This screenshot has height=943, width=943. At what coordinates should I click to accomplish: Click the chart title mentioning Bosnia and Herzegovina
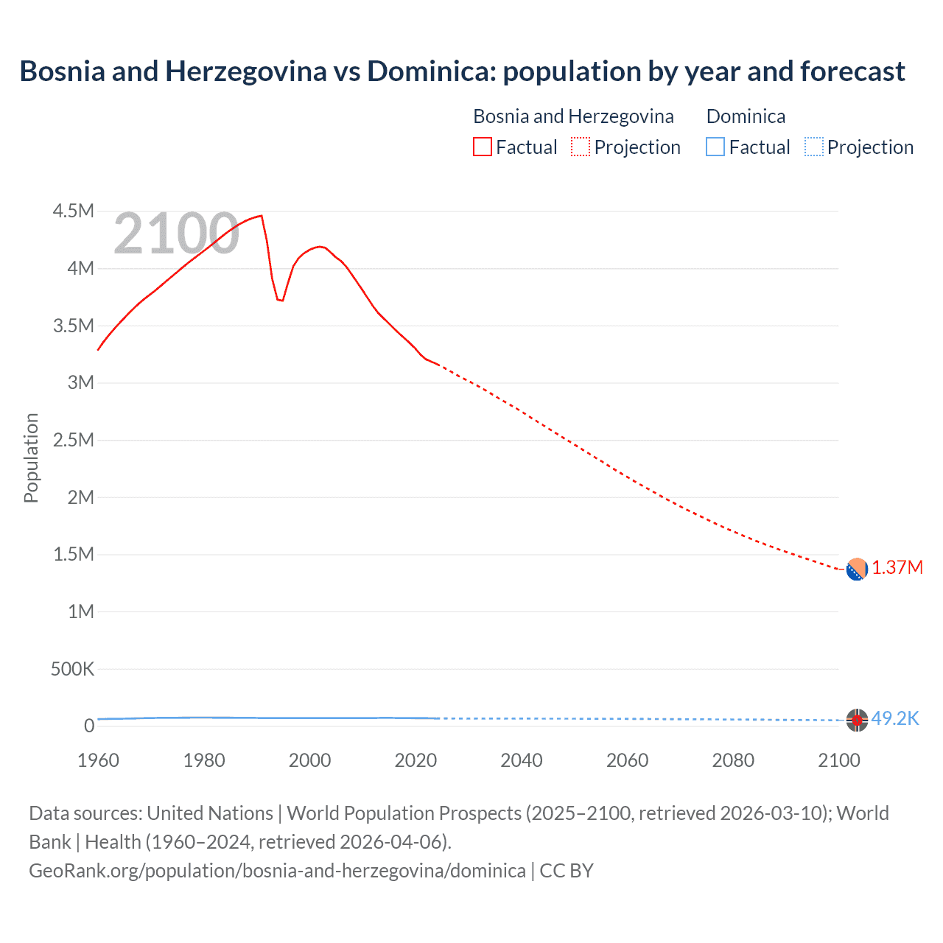click(x=462, y=71)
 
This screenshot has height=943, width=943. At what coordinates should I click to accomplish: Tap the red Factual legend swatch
click(x=482, y=147)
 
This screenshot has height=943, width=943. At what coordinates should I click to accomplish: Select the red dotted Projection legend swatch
click(x=581, y=147)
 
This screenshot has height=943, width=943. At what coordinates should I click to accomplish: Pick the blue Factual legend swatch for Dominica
click(x=715, y=147)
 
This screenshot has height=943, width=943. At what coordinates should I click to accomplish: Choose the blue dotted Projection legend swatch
click(x=813, y=147)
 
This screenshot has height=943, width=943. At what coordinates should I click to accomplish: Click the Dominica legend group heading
click(x=746, y=116)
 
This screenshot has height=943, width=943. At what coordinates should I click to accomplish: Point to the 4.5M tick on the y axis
click(x=74, y=211)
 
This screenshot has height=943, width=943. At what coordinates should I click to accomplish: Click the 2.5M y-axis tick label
click(x=74, y=440)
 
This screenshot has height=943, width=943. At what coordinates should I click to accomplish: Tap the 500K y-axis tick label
click(x=72, y=669)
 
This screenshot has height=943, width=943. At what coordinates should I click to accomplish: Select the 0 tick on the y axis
click(x=89, y=726)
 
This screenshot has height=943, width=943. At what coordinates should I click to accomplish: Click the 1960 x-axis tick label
click(x=98, y=760)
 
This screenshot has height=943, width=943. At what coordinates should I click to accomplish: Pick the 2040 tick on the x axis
click(x=522, y=760)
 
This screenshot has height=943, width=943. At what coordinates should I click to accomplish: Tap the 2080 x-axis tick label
click(x=733, y=760)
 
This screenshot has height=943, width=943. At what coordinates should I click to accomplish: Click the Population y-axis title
click(x=31, y=458)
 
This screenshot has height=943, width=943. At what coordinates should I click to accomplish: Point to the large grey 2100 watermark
click(x=176, y=234)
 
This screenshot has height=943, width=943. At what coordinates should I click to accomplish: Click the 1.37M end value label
click(x=897, y=568)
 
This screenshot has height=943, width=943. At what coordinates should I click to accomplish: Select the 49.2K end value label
click(x=895, y=718)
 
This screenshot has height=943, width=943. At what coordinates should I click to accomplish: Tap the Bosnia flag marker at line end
click(x=856, y=569)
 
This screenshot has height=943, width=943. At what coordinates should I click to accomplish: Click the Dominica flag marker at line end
click(x=856, y=720)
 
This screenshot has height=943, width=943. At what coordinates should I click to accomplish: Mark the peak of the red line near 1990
click(x=262, y=216)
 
